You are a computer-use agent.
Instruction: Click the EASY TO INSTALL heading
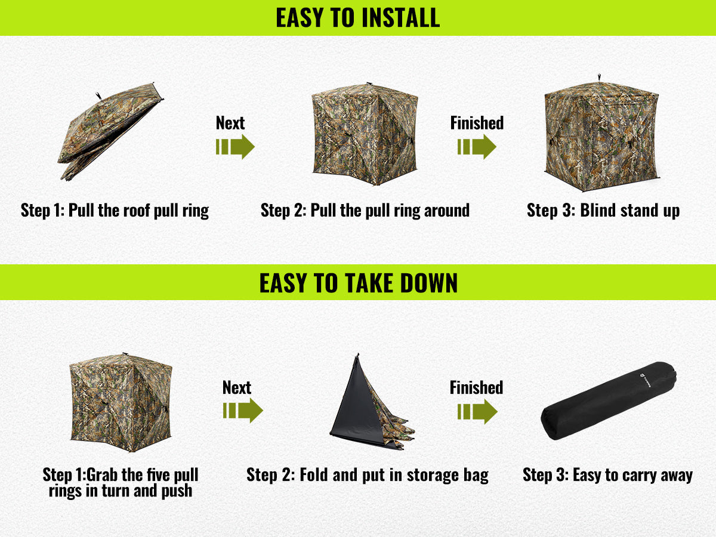pos(358,18)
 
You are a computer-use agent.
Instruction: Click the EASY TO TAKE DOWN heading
pos(358,283)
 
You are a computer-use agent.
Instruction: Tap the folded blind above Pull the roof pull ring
pos(110,131)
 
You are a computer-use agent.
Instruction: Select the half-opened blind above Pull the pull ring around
pos(365,134)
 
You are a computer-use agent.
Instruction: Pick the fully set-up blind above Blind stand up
pos(602,134)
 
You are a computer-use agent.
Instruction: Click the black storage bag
pos(609,400)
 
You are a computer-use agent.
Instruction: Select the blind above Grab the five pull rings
pos(121,402)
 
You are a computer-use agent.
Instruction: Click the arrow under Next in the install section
pos(235,147)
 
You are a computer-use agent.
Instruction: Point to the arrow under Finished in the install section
pos(477,147)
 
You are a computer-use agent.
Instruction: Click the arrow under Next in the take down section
pos(243,411)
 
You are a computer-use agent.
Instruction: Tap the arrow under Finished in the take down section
pos(477,412)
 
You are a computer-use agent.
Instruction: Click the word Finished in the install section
pos(477,123)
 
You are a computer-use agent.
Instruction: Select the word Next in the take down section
pos(236,387)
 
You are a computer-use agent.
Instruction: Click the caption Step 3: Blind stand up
pos(603,211)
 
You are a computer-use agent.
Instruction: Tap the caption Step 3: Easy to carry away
pos(607,475)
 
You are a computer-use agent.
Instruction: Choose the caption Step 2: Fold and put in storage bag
pos(368,475)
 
